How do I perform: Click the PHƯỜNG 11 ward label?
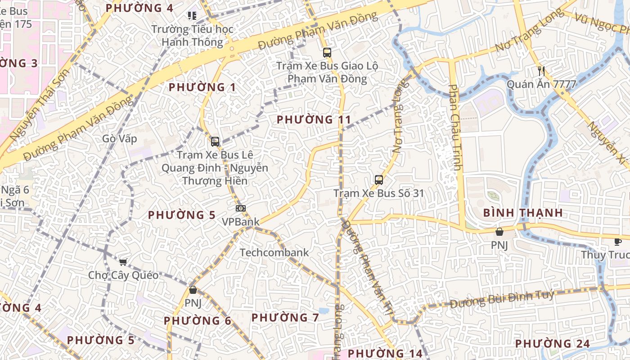tap(314, 120)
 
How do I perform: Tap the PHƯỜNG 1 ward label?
tap(202, 87)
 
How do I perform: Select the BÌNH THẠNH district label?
tap(523, 213)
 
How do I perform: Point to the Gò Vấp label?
tap(119, 139)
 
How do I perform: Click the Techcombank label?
tap(274, 252)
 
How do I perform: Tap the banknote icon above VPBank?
tap(241, 208)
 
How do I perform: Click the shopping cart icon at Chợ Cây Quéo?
tap(123, 262)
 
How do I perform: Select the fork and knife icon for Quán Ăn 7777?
tap(541, 71)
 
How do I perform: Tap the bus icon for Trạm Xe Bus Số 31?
tap(379, 180)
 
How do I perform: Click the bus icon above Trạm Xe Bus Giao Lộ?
tap(327, 53)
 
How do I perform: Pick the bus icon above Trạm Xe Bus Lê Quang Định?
tap(215, 142)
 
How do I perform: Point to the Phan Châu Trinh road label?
tap(455, 127)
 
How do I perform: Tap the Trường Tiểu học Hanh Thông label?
tap(193, 36)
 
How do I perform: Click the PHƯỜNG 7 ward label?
tap(285, 318)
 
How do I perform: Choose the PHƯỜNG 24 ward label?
tap(552, 344)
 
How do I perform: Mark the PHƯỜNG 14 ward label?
tap(385, 353)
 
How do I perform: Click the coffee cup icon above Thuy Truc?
tap(618, 242)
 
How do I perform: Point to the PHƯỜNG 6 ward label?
tap(198, 321)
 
